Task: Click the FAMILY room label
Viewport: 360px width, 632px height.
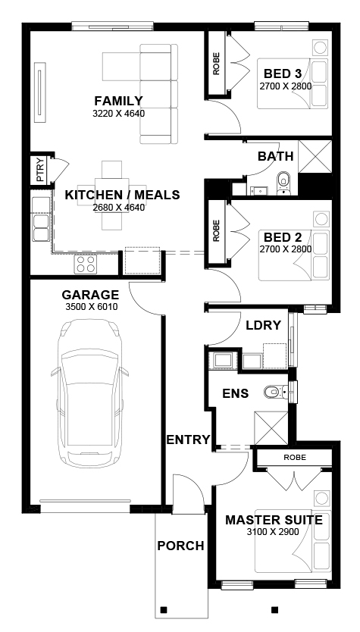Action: [118, 100]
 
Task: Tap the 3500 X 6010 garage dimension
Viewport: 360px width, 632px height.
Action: [92, 307]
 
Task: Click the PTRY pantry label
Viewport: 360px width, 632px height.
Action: [40, 170]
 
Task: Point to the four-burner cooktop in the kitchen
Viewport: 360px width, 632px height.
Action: [85, 264]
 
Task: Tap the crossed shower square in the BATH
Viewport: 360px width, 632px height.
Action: [315, 156]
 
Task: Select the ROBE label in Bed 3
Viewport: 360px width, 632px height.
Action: [217, 64]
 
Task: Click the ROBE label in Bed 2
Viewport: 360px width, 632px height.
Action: [217, 230]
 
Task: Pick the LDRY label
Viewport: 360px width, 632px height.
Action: [263, 325]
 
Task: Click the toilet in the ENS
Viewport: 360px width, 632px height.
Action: [276, 391]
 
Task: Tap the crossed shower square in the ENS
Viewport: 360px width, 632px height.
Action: [271, 428]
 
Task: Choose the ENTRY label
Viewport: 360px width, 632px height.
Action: [189, 440]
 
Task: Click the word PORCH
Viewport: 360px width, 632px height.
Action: [180, 546]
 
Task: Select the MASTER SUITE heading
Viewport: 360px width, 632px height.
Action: [274, 520]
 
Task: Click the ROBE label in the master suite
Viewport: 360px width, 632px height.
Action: [295, 458]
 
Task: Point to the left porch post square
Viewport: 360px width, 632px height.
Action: [163, 609]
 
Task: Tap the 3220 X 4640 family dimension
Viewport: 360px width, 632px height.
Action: [118, 113]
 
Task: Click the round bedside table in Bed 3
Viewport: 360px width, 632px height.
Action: [320, 48]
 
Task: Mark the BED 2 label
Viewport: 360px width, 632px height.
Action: [283, 237]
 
